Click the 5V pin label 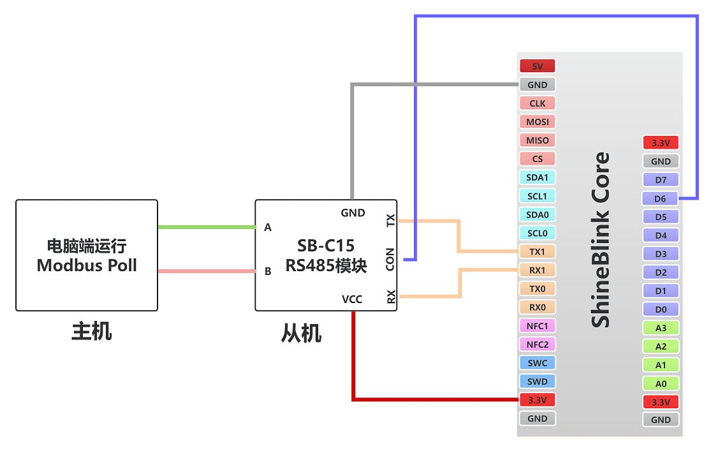click(537, 66)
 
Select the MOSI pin click(537, 121)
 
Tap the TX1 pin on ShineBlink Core click(537, 251)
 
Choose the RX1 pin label click(537, 270)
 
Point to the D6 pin click(661, 198)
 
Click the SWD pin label click(537, 382)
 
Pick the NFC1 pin click(537, 325)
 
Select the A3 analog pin click(661, 328)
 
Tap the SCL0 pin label click(537, 233)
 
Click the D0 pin click(661, 309)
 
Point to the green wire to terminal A click(206, 227)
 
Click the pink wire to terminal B click(206, 271)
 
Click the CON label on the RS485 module click(390, 259)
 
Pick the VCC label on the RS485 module click(353, 299)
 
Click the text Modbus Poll click(87, 265)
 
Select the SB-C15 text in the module click(325, 245)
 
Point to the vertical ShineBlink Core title click(600, 239)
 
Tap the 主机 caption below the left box click(91, 332)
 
